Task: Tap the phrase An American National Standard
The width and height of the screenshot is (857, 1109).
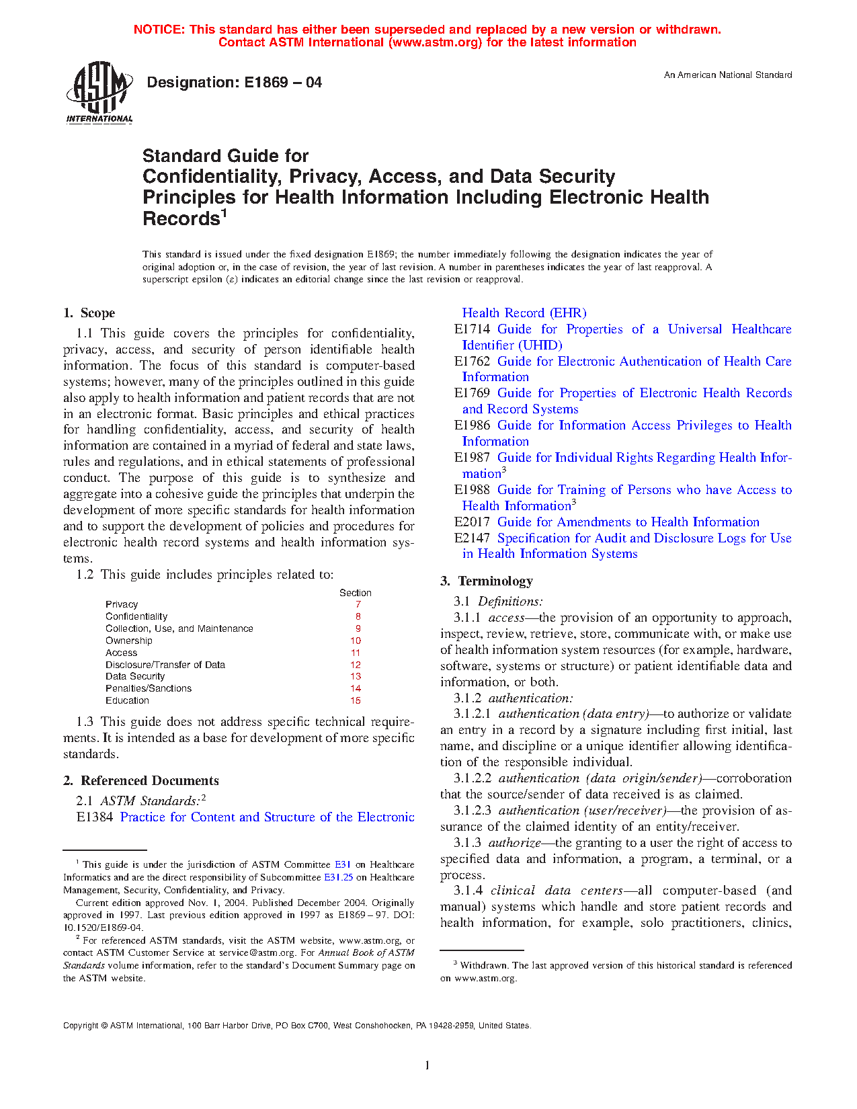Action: click(x=727, y=75)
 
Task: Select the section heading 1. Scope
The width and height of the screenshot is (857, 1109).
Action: click(x=89, y=313)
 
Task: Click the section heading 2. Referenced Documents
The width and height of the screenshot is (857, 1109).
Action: click(x=140, y=781)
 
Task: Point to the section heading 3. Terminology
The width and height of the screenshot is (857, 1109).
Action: click(x=487, y=581)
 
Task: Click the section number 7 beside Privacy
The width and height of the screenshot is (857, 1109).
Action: click(x=358, y=605)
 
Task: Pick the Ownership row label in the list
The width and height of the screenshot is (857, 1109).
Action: click(x=129, y=641)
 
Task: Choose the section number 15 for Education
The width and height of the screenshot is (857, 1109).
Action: click(x=356, y=700)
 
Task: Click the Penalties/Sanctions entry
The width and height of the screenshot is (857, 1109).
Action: click(x=149, y=688)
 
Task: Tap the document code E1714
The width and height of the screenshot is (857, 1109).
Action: click(x=472, y=329)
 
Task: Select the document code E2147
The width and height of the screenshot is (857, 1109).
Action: click(x=472, y=538)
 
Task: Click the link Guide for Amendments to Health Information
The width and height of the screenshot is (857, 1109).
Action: click(x=628, y=522)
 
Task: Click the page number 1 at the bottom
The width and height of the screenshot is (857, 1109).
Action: click(x=427, y=1065)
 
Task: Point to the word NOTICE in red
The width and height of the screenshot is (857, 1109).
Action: click(x=159, y=30)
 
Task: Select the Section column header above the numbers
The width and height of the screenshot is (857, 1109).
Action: click(x=355, y=593)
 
